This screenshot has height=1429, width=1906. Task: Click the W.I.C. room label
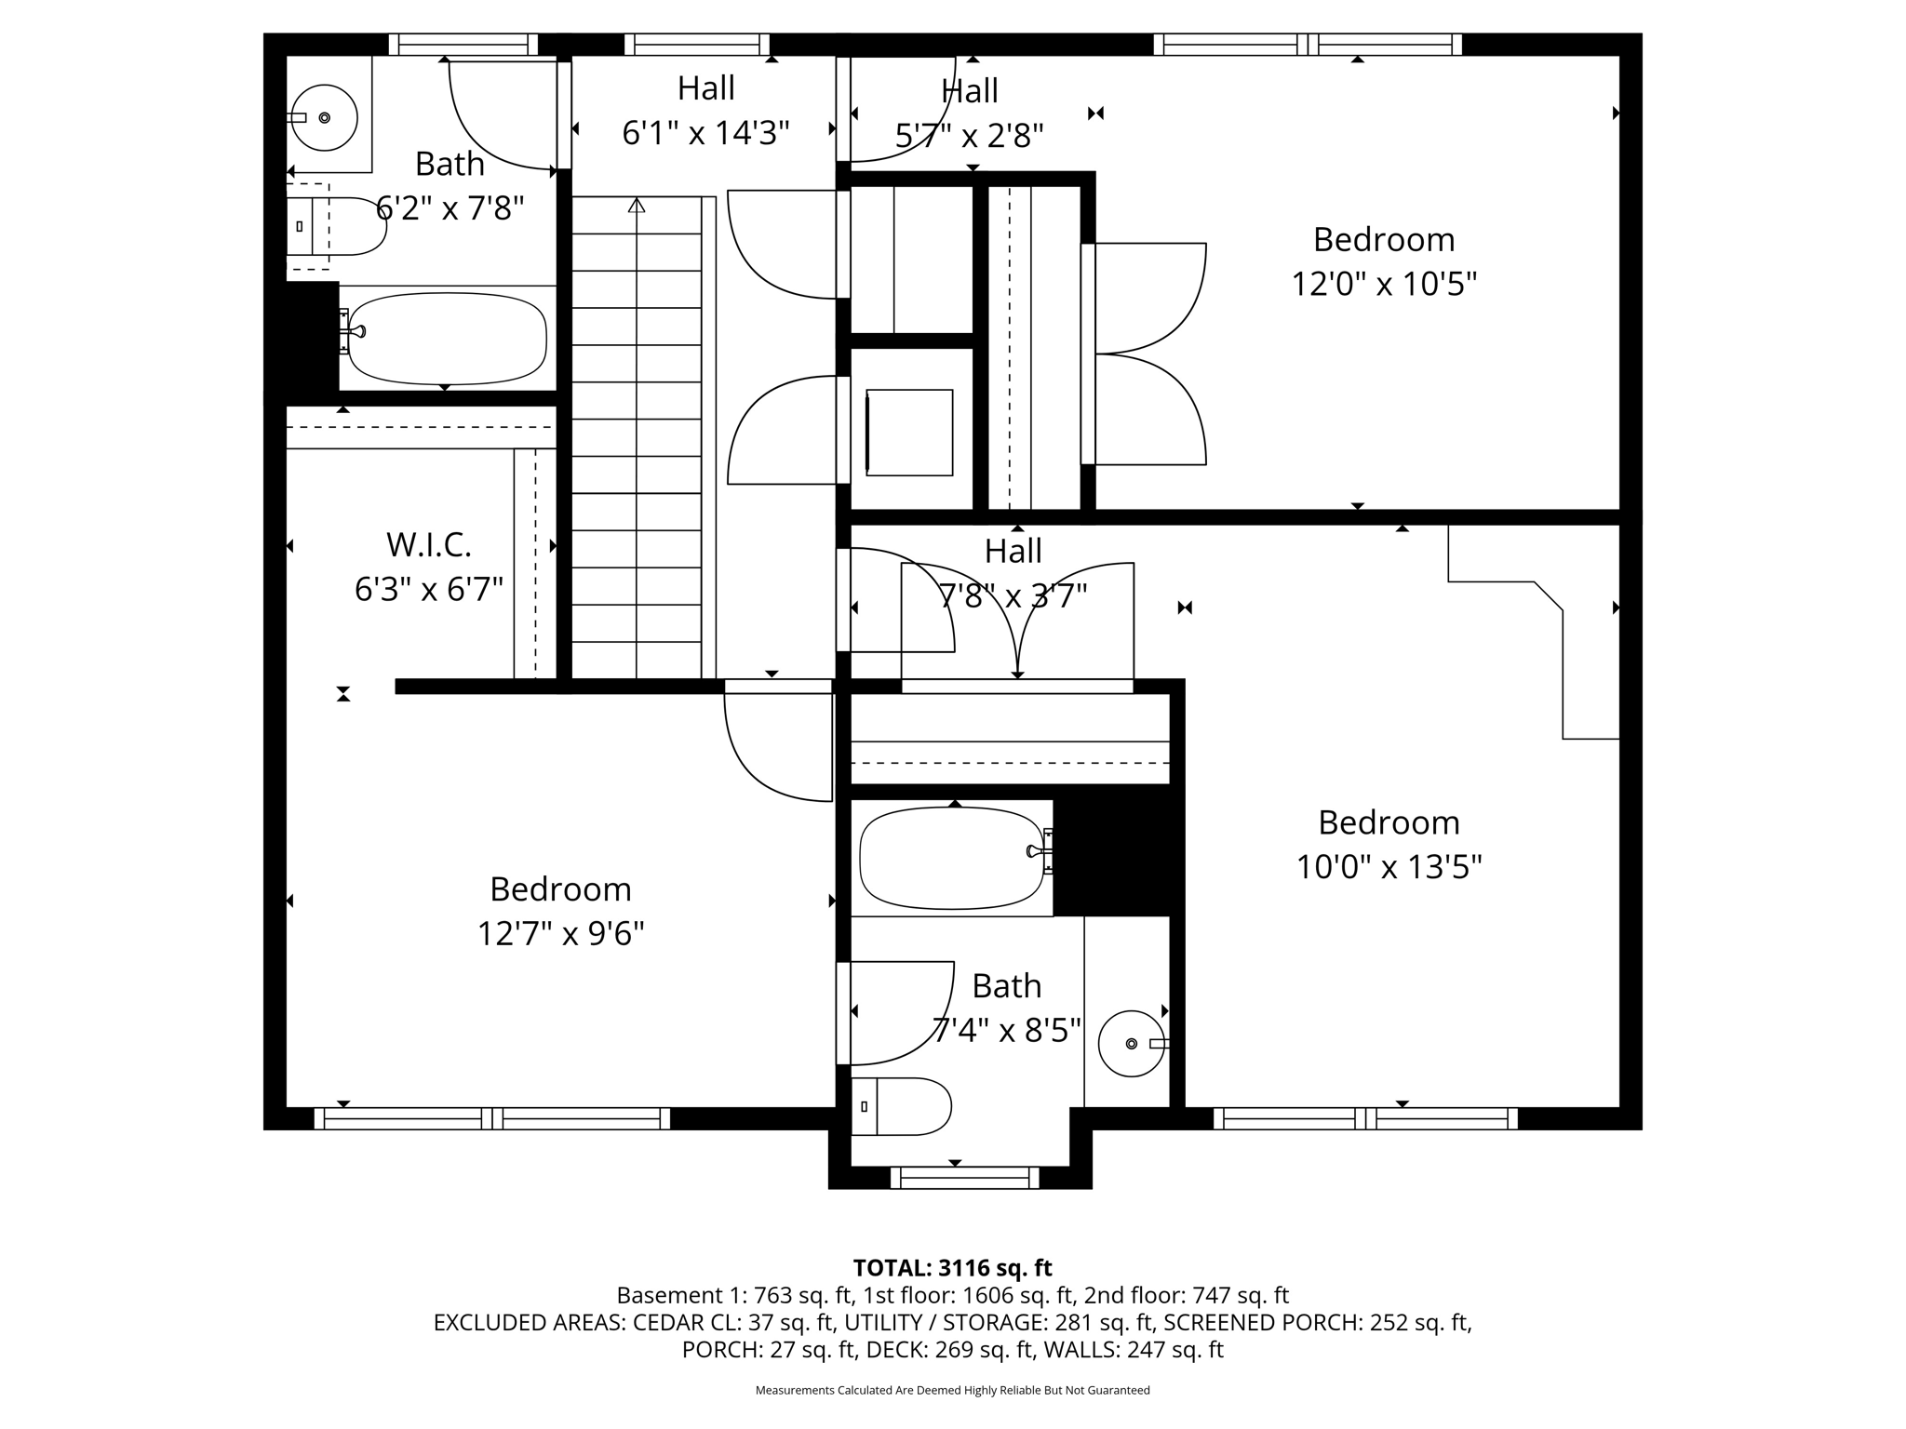coord(428,544)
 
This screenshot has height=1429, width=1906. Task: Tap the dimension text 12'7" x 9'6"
coord(560,933)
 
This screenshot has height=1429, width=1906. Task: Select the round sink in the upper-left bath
coord(324,117)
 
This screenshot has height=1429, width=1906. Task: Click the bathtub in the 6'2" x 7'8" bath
coord(447,339)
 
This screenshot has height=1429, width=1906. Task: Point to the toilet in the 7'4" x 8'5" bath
coord(901,1106)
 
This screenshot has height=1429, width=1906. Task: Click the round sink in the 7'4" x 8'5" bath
coord(1131,1044)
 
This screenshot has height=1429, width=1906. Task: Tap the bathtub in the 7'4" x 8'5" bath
coord(951,858)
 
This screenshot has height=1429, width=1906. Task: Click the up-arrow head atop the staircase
coord(637,205)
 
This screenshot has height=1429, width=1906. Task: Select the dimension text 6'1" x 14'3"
coord(705,134)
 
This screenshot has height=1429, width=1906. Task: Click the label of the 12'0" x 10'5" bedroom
coord(1383,240)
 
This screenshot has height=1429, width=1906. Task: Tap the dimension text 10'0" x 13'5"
coord(1389,867)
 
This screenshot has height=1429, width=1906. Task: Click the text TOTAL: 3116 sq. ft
coord(952,1268)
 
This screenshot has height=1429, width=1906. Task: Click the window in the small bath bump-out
coord(964,1178)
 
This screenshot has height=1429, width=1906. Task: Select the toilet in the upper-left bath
coord(335,226)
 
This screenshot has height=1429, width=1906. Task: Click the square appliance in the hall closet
coord(909,433)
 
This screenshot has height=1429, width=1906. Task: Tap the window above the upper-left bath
coord(463,45)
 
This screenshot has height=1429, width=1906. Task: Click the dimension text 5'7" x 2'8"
coord(969,137)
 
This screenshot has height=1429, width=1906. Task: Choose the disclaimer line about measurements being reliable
coord(952,1390)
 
